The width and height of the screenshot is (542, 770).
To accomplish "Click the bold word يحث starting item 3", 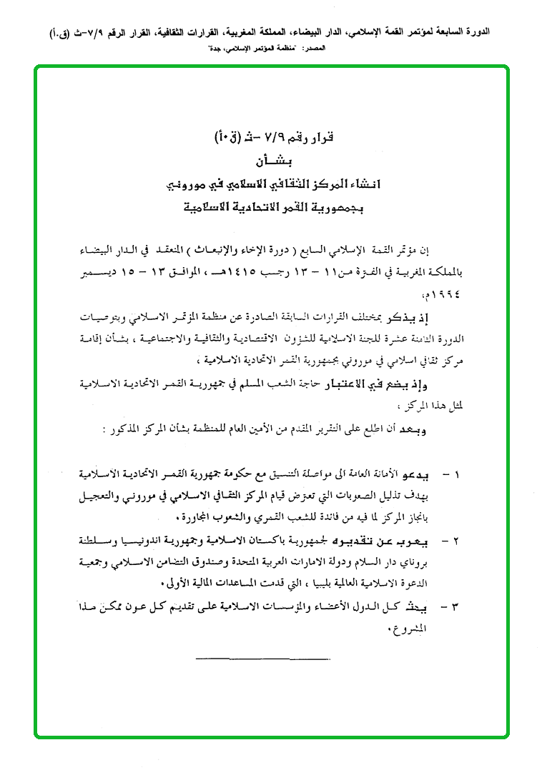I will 427,607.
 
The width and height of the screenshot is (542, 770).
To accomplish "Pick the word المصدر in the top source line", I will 312,47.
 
